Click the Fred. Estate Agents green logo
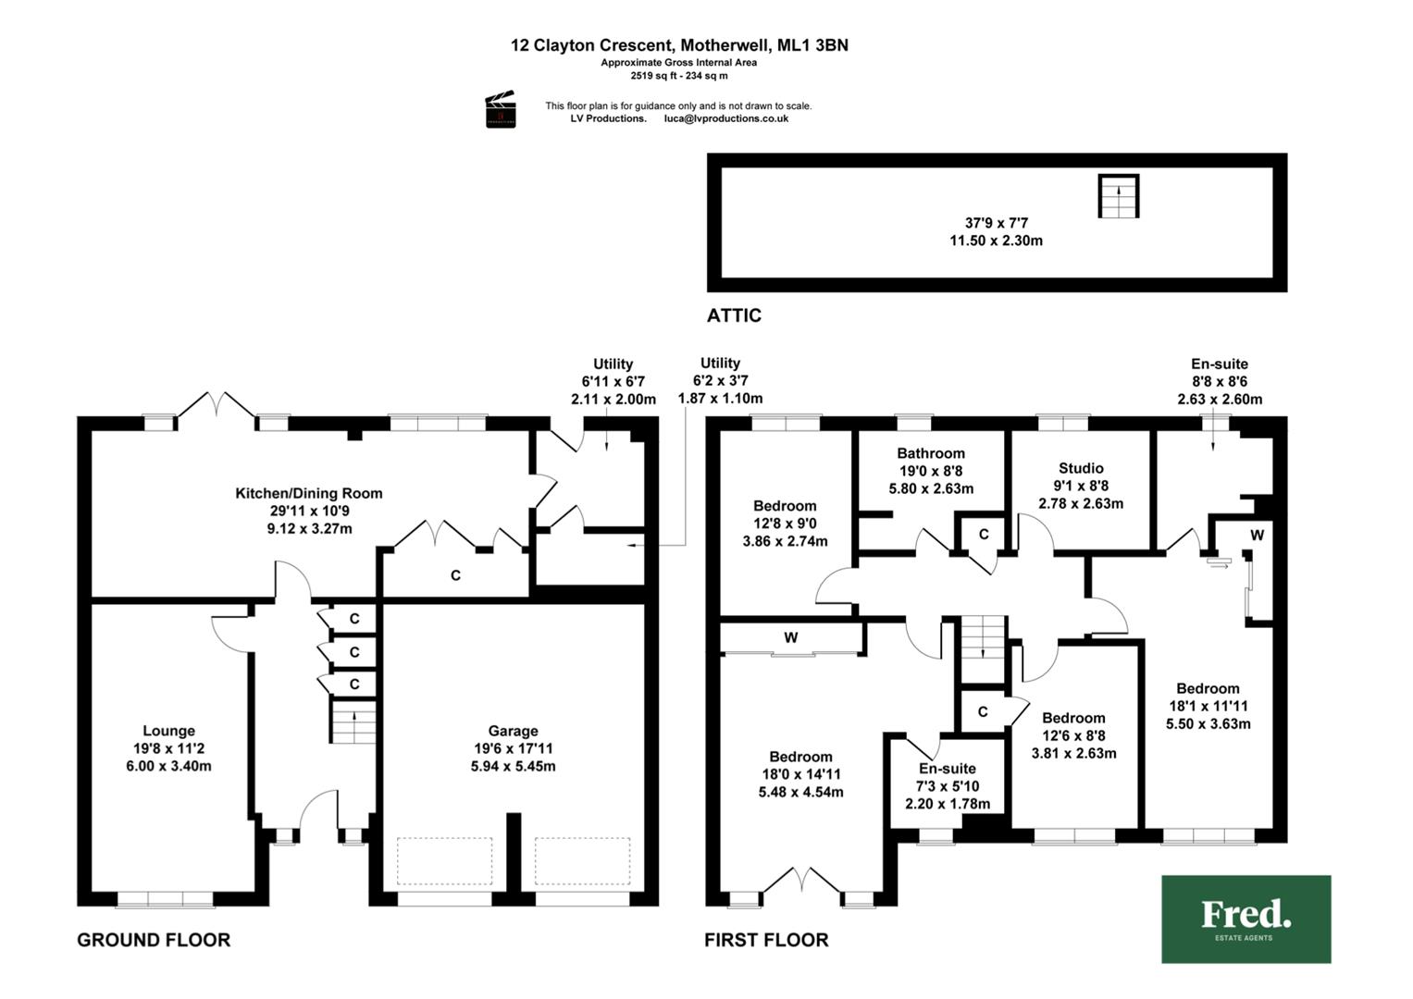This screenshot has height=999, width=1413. click(x=1246, y=919)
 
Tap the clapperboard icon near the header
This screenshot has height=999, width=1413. click(x=501, y=109)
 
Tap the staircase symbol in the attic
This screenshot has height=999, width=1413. click(x=1119, y=196)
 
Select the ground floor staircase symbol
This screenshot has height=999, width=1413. click(x=353, y=722)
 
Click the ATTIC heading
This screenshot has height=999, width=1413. click(x=734, y=315)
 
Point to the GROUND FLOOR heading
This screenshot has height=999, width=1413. click(x=154, y=940)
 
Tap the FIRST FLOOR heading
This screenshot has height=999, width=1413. click(x=766, y=940)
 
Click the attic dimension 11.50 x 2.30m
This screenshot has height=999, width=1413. click(x=996, y=240)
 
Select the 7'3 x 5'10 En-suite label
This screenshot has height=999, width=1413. click(x=948, y=786)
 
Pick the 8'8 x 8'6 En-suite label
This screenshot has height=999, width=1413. click(x=1220, y=381)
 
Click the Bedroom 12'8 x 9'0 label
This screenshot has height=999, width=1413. click(x=785, y=524)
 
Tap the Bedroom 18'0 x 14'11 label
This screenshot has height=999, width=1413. click(x=800, y=774)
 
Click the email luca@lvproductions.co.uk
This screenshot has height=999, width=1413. click(x=726, y=118)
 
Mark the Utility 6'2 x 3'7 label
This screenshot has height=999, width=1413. click(x=720, y=381)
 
